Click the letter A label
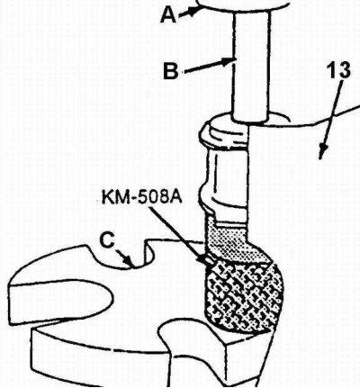(168, 15)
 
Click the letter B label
(171, 71)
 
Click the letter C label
(106, 241)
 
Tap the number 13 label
(340, 71)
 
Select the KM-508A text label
(141, 198)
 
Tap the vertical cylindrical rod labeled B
(251, 66)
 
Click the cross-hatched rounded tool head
(243, 299)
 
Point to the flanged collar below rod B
(224, 134)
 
